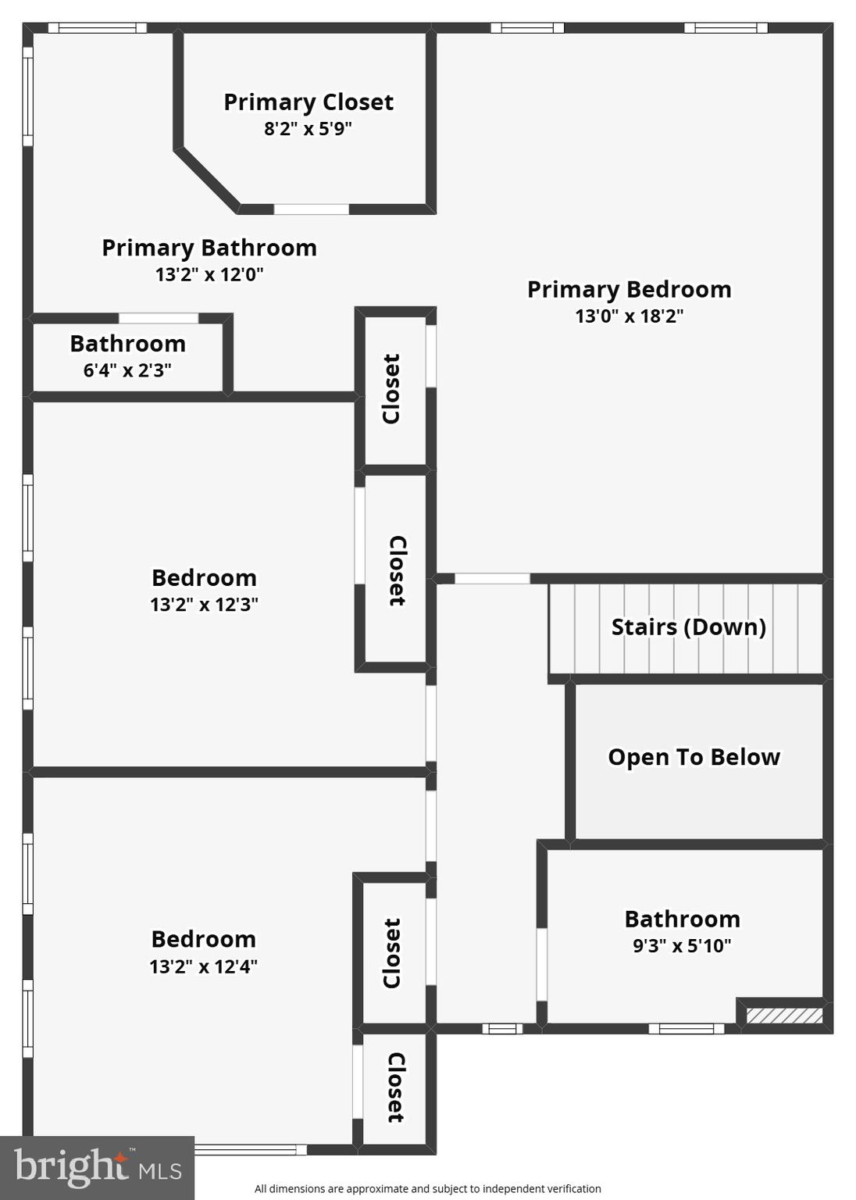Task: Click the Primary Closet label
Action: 309,102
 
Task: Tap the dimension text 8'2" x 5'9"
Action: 308,129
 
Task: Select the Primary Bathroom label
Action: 209,248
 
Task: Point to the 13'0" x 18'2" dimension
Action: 629,316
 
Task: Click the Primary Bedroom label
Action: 629,290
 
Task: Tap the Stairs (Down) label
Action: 688,627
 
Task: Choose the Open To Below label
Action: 694,757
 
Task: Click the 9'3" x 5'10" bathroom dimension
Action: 682,946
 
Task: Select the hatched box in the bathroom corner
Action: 784,1016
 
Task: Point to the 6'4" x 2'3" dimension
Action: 127,370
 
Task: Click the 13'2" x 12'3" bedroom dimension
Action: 204,605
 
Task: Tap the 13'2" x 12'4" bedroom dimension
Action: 203,966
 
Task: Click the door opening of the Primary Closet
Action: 311,209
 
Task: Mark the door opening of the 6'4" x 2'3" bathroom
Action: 159,318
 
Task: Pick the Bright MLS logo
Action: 97,1168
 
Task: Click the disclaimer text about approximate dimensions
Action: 427,1188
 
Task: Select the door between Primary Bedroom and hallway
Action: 492,579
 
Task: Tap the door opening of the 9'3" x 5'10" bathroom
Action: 541,964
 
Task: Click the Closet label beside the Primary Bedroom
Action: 391,389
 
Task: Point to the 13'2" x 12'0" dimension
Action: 209,274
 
